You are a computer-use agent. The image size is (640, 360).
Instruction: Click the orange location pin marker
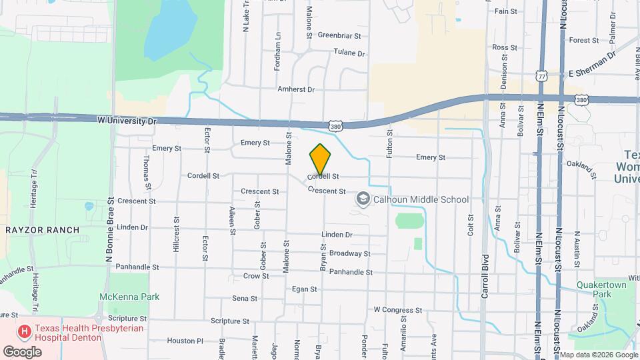[x=320, y=159]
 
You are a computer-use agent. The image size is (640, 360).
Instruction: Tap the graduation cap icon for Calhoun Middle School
[x=363, y=199]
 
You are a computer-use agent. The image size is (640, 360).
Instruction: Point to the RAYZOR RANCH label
[x=42, y=230]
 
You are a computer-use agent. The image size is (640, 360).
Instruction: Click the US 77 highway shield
[x=542, y=76]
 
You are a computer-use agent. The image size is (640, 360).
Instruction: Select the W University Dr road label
[x=126, y=121]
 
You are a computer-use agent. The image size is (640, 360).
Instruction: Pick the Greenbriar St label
[x=339, y=35]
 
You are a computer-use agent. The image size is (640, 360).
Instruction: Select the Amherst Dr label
[x=296, y=89]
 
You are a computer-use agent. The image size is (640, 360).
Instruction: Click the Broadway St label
[x=350, y=253]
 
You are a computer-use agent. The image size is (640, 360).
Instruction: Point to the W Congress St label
[x=398, y=309]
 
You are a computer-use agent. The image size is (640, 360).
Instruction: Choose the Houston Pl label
[x=185, y=341]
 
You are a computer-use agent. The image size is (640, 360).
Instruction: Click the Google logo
[x=22, y=351]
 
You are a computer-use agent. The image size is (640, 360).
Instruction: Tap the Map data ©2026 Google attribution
[x=598, y=354]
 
